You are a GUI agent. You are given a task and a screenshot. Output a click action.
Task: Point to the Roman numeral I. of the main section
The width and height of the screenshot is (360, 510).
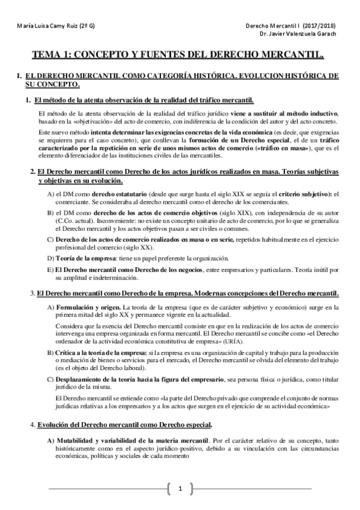pyautogui.click(x=20, y=76)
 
